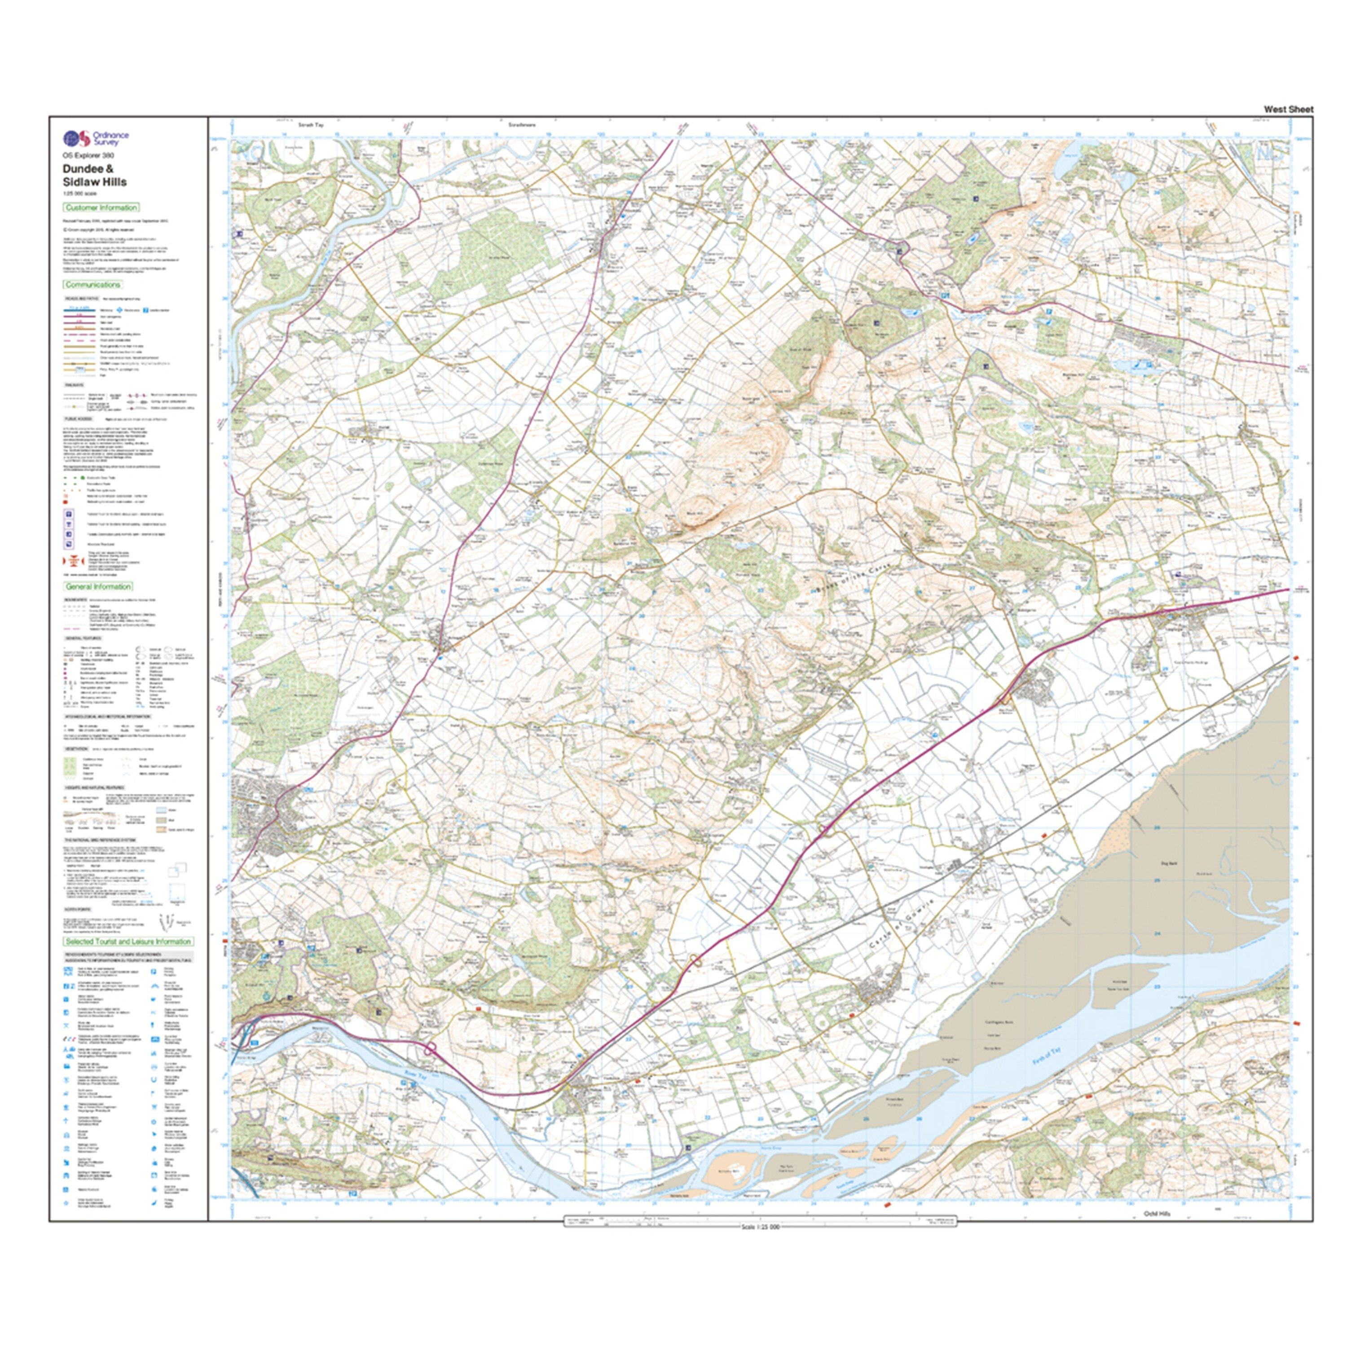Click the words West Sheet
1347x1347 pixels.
[x=1289, y=110]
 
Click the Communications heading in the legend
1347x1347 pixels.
[x=93, y=285]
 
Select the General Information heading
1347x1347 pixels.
[x=98, y=586]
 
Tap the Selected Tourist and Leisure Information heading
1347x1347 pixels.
[x=128, y=941]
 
